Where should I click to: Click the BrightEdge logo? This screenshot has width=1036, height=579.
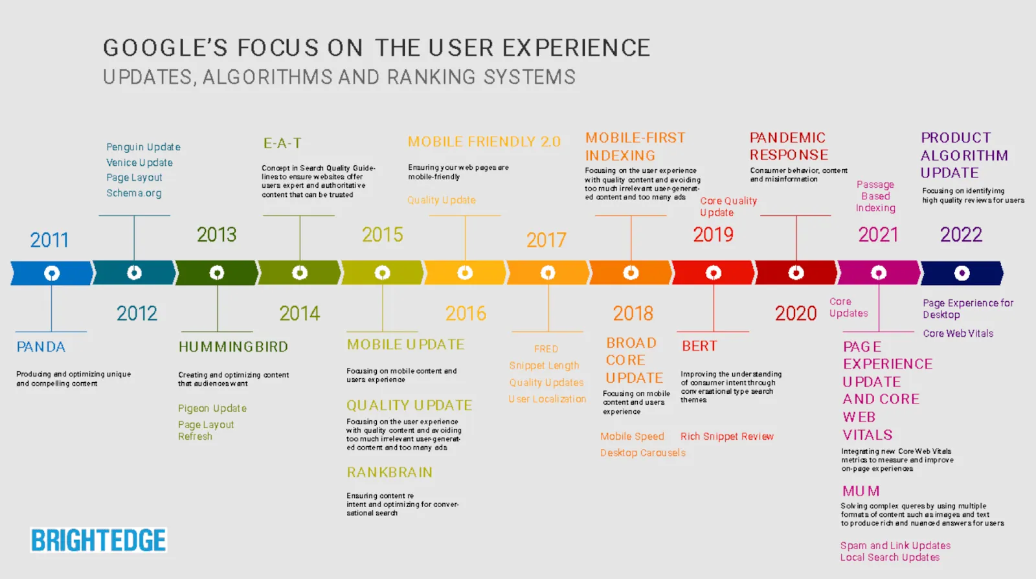(x=98, y=539)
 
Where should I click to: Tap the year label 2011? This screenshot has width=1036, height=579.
(x=49, y=240)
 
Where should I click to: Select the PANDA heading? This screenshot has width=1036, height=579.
(x=41, y=347)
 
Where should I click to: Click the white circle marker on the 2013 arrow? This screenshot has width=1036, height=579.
(x=217, y=273)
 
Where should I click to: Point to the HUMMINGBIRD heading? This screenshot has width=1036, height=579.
(x=233, y=347)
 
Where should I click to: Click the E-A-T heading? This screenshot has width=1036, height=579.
(x=282, y=143)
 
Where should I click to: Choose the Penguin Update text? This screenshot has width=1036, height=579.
(x=143, y=147)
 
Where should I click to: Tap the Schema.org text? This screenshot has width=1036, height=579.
(x=134, y=193)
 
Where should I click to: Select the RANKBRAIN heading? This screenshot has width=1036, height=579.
(x=389, y=472)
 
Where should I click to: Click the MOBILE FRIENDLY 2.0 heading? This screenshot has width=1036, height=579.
(x=484, y=142)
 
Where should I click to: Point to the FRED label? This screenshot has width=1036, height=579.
(x=546, y=348)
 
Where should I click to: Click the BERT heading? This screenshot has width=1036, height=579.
(x=699, y=346)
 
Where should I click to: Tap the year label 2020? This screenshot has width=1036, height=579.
(x=796, y=313)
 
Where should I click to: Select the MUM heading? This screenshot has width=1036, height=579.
(x=861, y=491)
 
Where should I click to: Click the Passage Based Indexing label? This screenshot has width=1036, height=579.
(x=875, y=196)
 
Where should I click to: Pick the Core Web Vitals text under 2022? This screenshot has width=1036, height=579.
(x=958, y=334)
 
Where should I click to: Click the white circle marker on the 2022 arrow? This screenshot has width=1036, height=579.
(x=962, y=273)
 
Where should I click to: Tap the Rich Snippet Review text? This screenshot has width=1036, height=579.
(x=726, y=437)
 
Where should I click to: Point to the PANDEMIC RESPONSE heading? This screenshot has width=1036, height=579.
(x=789, y=146)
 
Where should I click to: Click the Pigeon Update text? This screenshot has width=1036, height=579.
(x=212, y=409)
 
